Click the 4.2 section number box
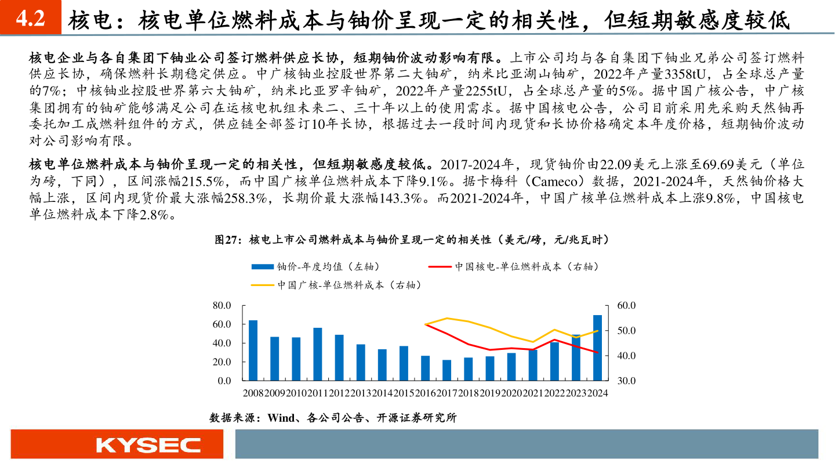click(x=30, y=19)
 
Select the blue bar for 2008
click(x=253, y=350)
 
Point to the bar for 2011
click(x=318, y=354)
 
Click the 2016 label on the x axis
click(x=425, y=393)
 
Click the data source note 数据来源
click(x=333, y=418)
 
